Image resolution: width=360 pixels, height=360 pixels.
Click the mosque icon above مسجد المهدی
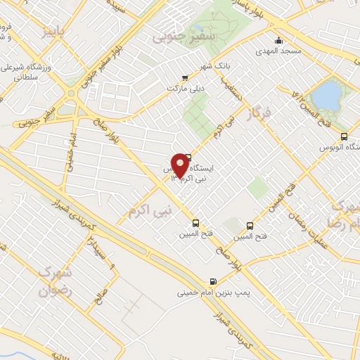pyautogui.click(x=280, y=40)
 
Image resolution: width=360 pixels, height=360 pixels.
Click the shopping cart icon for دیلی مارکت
pyautogui.click(x=184, y=78)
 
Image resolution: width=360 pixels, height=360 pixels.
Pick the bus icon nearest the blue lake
pyautogui.click(x=343, y=136)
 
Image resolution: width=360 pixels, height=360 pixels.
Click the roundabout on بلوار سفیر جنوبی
pyautogui.click(x=72, y=92)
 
